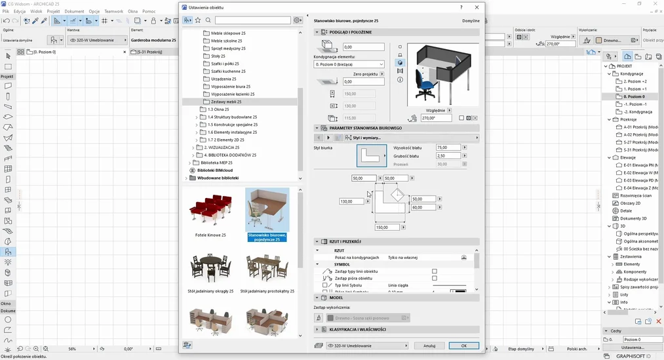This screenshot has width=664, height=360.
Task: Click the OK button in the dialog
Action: pyautogui.click(x=463, y=346)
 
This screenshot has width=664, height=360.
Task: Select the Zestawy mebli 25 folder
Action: pyautogui.click(x=226, y=102)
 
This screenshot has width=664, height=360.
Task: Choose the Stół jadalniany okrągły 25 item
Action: pyautogui.click(x=210, y=270)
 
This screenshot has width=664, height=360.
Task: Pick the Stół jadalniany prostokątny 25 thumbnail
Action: pyautogui.click(x=267, y=270)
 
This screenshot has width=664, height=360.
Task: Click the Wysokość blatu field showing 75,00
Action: pyautogui.click(x=448, y=148)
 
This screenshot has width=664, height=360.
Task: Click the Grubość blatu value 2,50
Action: pyautogui.click(x=448, y=156)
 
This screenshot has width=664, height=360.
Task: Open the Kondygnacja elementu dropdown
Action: pyautogui.click(x=349, y=64)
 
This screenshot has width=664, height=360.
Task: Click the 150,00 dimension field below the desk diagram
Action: pyautogui.click(x=387, y=228)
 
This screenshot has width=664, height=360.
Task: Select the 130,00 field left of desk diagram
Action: pyautogui.click(x=351, y=201)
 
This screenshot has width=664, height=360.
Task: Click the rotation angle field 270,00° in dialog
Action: pyautogui.click(x=436, y=118)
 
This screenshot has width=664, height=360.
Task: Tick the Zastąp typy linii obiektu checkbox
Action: pyautogui.click(x=434, y=271)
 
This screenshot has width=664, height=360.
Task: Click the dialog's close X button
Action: pyautogui.click(x=477, y=7)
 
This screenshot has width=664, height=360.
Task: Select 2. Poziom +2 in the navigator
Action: pyautogui.click(x=635, y=81)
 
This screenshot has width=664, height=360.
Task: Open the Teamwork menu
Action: pyautogui.click(x=113, y=11)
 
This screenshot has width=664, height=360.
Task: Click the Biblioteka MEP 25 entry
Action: pyautogui.click(x=216, y=163)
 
